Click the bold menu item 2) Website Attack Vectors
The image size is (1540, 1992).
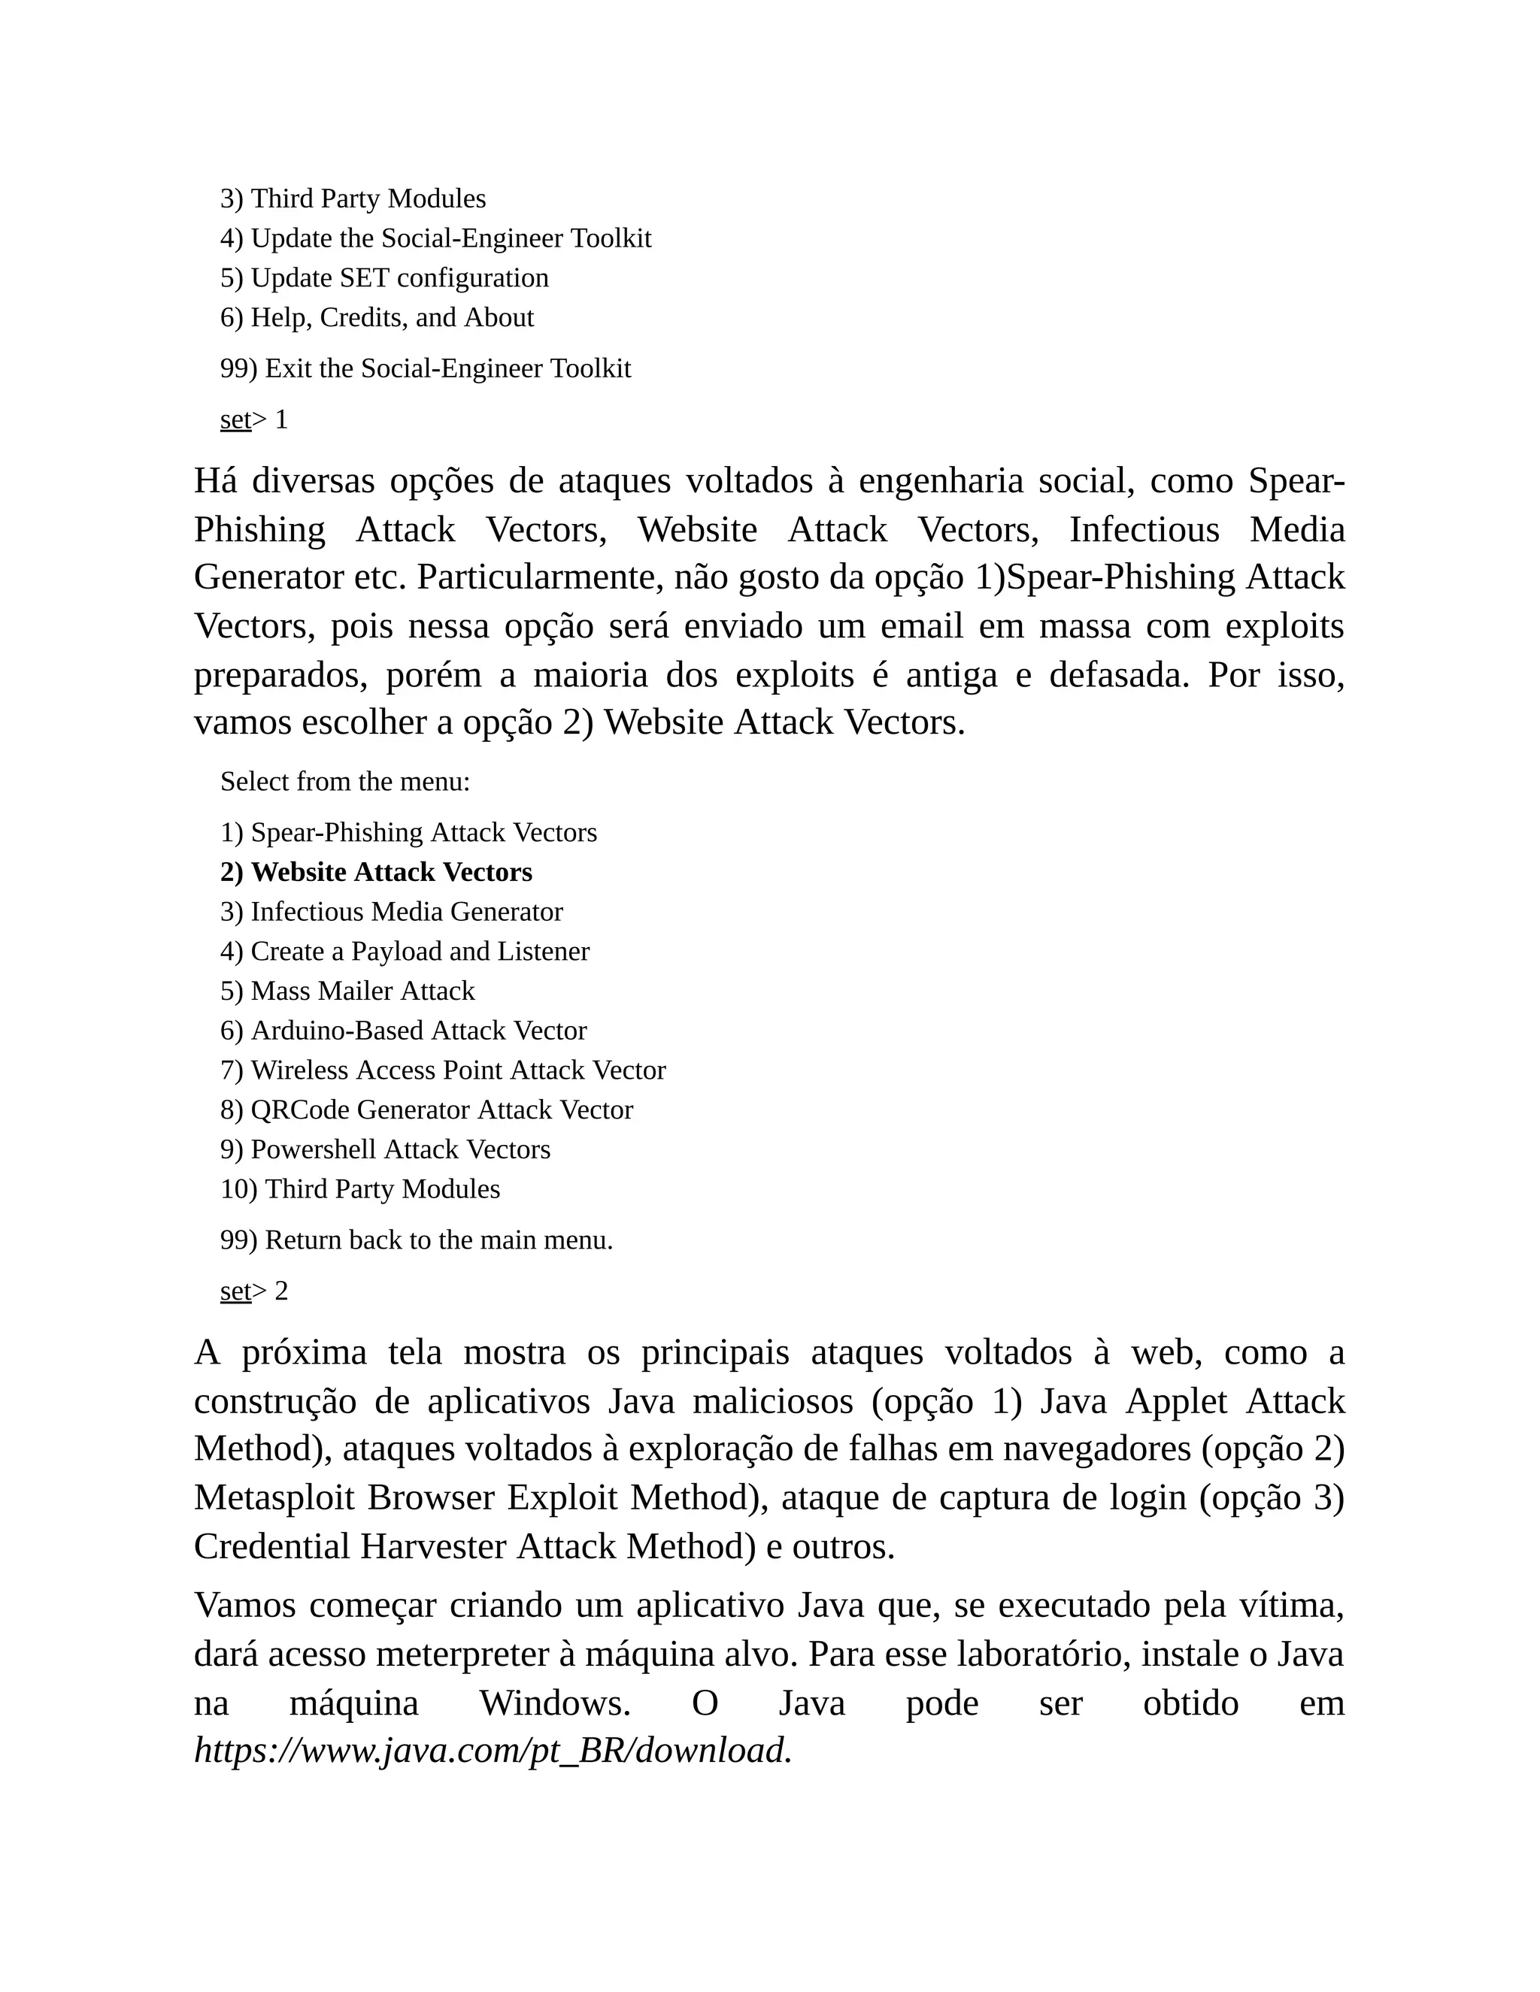tap(376, 873)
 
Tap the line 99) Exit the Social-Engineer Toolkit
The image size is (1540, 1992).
tap(425, 368)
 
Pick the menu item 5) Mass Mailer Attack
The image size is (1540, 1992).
tap(347, 991)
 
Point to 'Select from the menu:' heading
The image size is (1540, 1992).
tap(345, 782)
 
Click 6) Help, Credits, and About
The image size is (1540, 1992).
tap(377, 317)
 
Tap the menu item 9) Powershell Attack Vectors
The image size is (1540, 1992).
tap(385, 1149)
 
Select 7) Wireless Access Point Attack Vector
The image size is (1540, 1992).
tap(442, 1070)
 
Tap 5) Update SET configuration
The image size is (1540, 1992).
tap(384, 278)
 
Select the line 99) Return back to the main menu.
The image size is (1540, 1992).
tap(416, 1240)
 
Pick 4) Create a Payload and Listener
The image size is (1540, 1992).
tap(404, 952)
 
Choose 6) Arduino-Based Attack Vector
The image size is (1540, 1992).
tap(403, 1031)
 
